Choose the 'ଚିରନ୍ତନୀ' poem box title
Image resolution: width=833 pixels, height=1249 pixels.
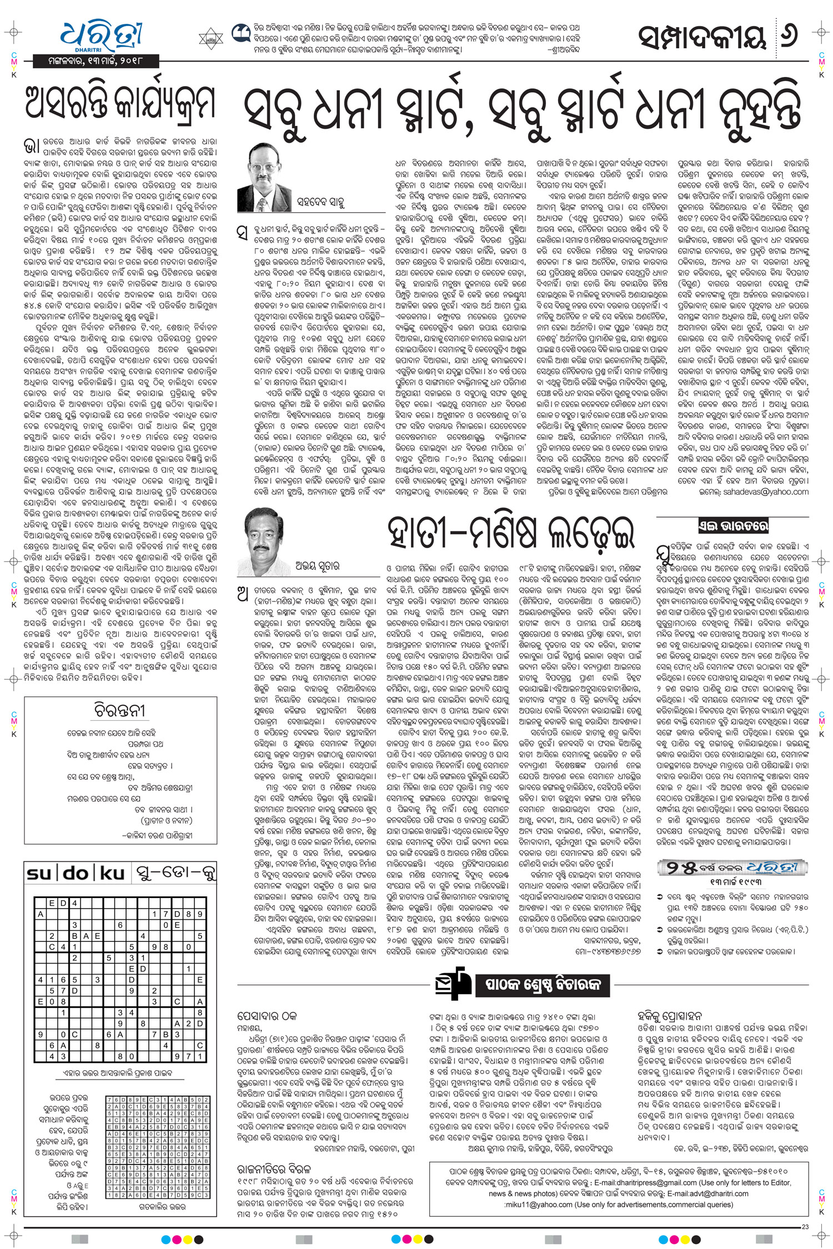coord(119,711)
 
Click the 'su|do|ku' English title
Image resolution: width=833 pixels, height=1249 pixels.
coord(76,874)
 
